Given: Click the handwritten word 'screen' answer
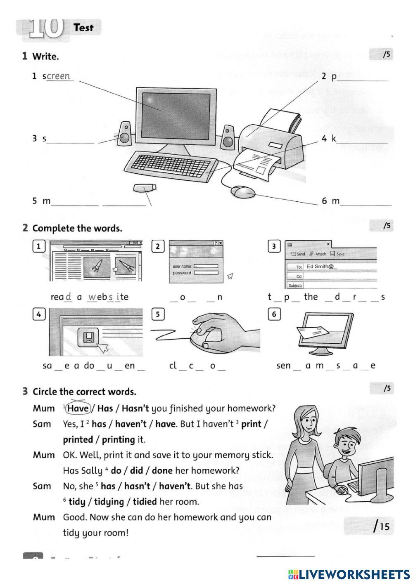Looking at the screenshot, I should [x=59, y=76].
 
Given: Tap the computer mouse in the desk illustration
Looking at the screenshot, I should [x=242, y=191].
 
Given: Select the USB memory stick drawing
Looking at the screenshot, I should [x=145, y=188].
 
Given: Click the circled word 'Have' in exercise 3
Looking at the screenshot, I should [x=78, y=408].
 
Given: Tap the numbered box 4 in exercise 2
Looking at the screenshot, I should [x=38, y=314].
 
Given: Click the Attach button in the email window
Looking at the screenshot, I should [x=318, y=254].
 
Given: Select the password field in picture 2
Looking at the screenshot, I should [x=206, y=273].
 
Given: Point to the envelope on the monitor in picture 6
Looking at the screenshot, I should [x=313, y=331].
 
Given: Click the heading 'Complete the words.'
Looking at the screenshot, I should [x=77, y=228].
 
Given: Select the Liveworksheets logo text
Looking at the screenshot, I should [x=349, y=574].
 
